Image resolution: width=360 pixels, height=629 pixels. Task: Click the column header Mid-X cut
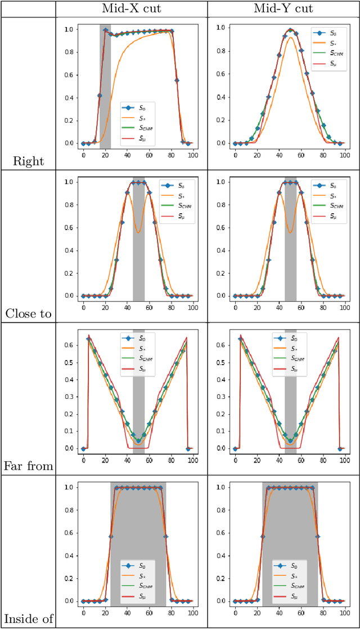pyautogui.click(x=132, y=8)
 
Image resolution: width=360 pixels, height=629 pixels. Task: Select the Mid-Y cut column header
pyautogui.click(x=284, y=8)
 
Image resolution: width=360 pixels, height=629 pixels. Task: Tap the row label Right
pyautogui.click(x=28, y=161)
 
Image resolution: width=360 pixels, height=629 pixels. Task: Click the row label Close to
pyautogui.click(x=28, y=314)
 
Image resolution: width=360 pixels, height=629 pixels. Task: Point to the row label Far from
pyautogui.click(x=28, y=466)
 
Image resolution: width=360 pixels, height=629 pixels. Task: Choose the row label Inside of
pyautogui.click(x=28, y=619)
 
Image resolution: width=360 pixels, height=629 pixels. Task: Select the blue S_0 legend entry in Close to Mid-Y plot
pyautogui.click(x=327, y=185)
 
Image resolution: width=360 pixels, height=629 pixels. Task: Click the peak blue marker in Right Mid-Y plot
pyautogui.click(x=290, y=30)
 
